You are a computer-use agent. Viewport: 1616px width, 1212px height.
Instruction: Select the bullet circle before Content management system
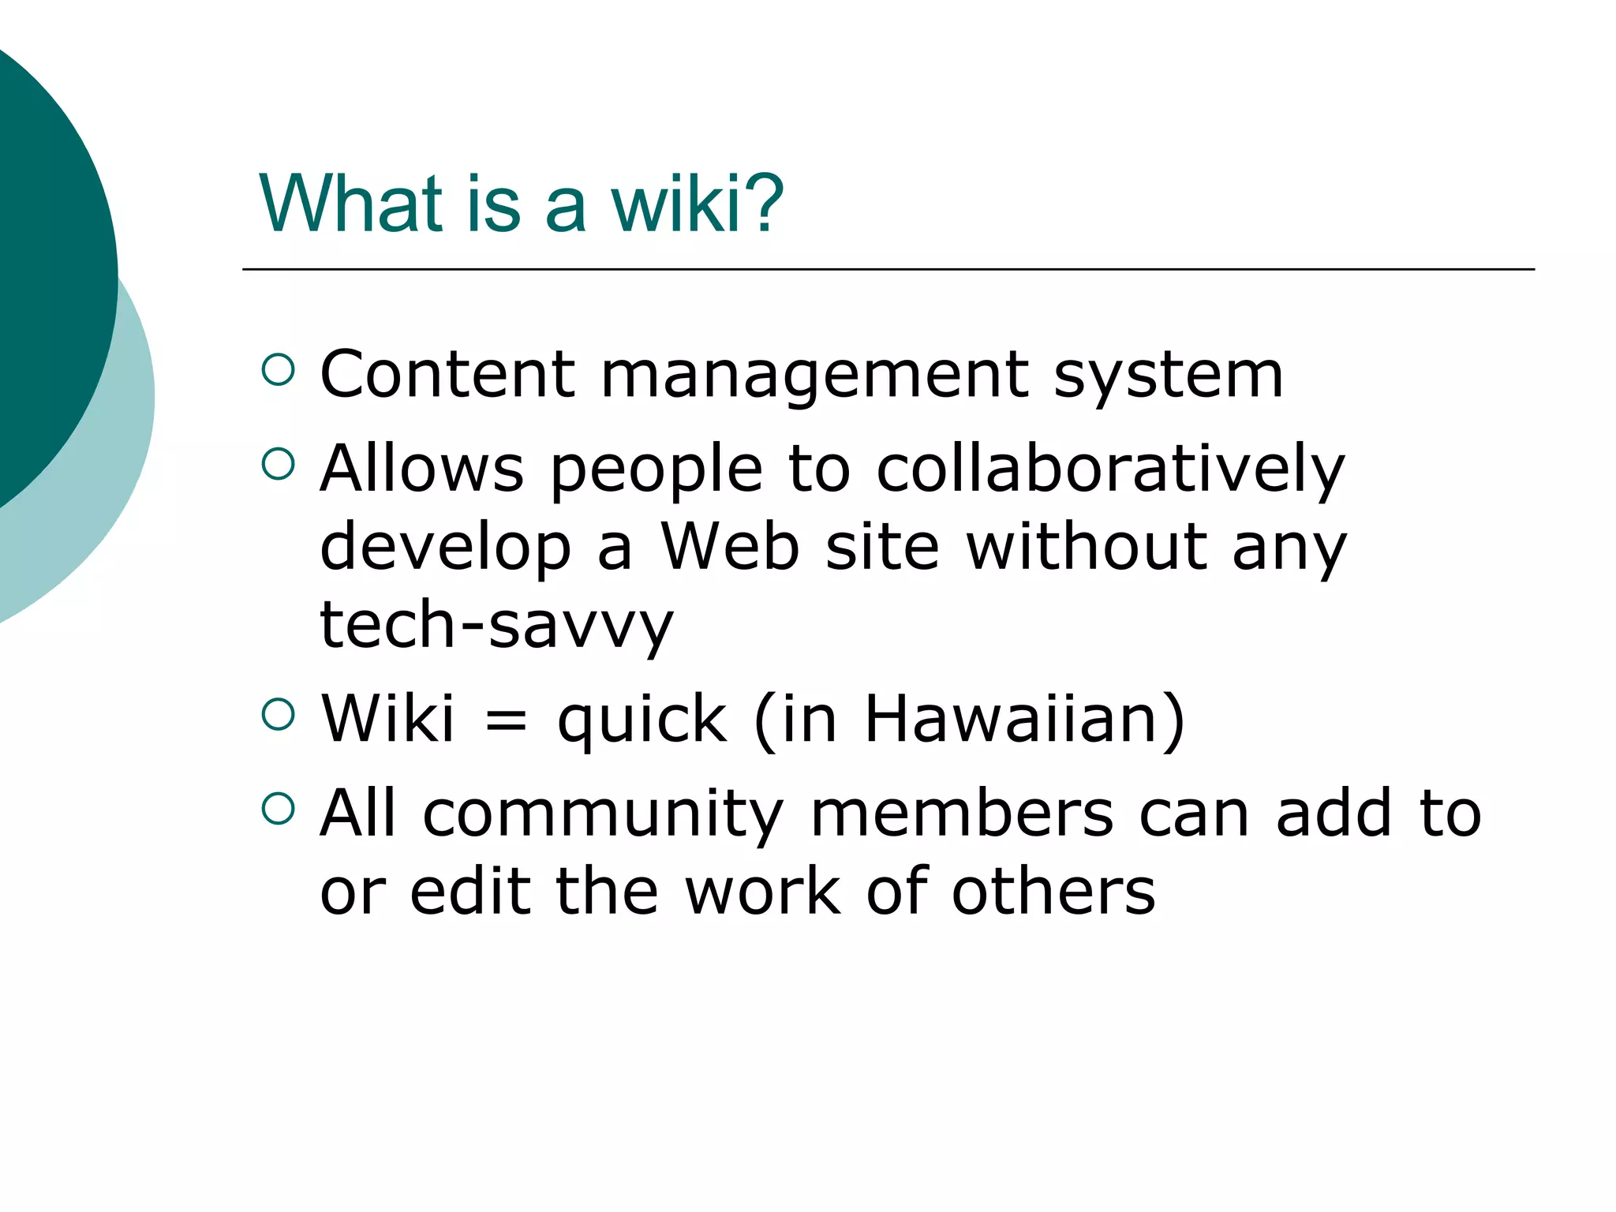tap(278, 369)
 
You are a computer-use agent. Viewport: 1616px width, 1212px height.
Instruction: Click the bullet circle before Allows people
tap(278, 464)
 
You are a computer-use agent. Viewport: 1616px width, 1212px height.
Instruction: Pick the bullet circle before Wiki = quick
tap(278, 714)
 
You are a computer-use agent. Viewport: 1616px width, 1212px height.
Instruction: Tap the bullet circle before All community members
tap(278, 809)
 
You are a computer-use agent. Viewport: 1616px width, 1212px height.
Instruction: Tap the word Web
tap(730, 546)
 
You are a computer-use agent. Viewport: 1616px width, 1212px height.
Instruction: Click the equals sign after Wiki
tap(506, 720)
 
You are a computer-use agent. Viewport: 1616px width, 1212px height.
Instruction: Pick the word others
tap(1053, 892)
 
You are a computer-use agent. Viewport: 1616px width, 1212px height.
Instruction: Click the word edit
tap(470, 892)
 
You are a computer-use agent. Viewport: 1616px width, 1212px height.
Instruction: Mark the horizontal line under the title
tap(888, 270)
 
